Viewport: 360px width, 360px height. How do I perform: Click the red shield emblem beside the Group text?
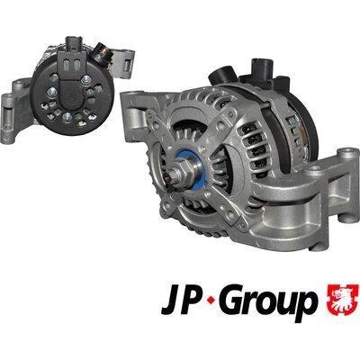coord(342,301)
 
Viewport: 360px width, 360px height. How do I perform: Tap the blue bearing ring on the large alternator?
coord(191,170)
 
